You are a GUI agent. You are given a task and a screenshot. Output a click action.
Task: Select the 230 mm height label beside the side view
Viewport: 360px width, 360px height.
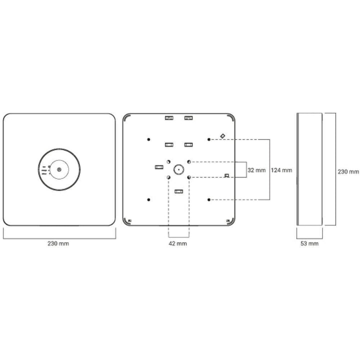(348, 171)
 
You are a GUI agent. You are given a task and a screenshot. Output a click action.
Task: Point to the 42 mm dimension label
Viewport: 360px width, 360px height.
(178, 243)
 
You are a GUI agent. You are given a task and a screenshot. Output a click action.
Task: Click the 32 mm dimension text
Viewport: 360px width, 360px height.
(257, 170)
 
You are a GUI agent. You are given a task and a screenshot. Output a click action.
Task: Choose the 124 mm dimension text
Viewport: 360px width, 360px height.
(281, 170)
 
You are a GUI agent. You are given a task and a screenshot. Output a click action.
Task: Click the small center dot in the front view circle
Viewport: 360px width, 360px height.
(59, 170)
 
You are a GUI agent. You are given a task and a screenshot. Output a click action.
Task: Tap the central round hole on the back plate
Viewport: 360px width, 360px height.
(178, 169)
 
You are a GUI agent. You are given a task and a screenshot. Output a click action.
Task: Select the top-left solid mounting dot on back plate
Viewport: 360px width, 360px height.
(148, 139)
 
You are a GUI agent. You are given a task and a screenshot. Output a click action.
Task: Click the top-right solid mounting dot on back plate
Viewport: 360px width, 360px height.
(209, 139)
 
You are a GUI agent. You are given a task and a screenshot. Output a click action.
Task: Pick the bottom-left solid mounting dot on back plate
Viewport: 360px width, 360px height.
(148, 199)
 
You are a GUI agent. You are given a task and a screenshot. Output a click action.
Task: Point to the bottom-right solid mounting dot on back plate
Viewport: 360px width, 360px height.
(209, 199)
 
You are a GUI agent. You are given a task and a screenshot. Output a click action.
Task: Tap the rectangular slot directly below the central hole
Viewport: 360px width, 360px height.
(178, 191)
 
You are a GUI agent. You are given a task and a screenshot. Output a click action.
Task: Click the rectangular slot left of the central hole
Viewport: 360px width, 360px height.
(158, 166)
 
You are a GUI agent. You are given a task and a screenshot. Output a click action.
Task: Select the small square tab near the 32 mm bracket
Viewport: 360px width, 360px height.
(227, 175)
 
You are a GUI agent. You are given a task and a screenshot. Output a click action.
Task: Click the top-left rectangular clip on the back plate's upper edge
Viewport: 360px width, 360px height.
(168, 118)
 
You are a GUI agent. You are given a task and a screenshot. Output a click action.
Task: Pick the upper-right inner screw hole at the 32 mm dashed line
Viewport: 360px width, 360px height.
(189, 161)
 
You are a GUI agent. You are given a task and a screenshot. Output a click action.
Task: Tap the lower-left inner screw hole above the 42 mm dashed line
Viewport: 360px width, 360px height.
(168, 177)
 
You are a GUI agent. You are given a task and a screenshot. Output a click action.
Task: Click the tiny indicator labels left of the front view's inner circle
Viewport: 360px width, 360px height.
(44, 170)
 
